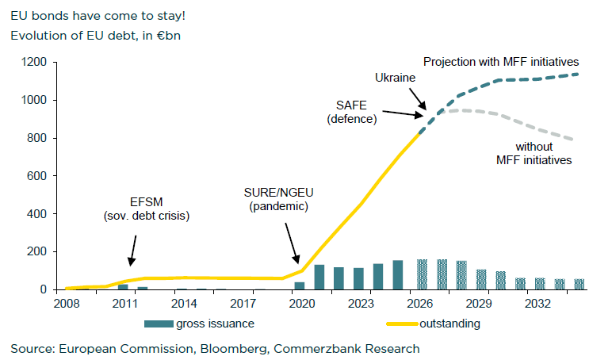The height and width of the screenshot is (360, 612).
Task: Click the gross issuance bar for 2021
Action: tap(319, 277)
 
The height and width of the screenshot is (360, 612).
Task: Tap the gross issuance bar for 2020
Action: tap(300, 285)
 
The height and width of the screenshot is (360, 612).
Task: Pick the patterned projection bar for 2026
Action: tap(423, 274)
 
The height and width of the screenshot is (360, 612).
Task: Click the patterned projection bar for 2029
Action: tap(481, 280)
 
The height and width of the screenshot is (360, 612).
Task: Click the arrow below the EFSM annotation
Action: tap(132, 253)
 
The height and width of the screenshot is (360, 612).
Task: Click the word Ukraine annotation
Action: tap(396, 78)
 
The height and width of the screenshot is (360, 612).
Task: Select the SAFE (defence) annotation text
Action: tap(352, 112)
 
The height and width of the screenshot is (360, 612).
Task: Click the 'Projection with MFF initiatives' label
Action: tap(501, 61)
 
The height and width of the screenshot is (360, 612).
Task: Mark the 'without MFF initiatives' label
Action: tap(534, 153)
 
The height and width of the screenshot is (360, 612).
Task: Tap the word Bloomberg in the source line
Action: tap(209, 348)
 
